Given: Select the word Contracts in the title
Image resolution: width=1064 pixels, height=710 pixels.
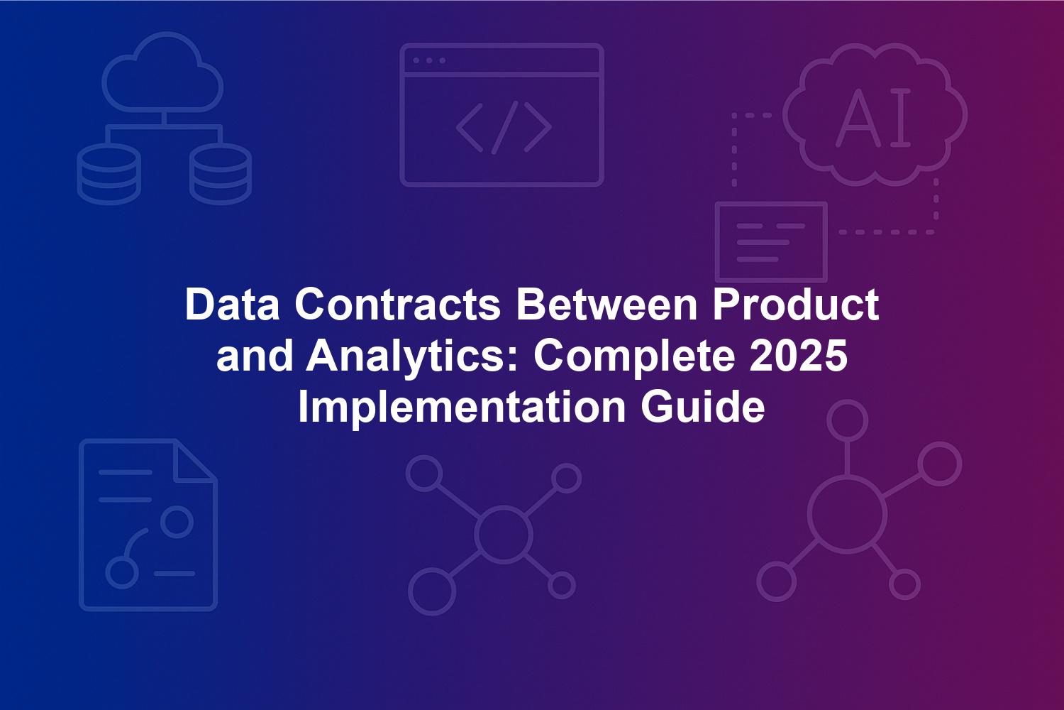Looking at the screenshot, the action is [397, 305].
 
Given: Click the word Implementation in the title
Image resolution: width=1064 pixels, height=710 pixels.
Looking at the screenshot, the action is [462, 408].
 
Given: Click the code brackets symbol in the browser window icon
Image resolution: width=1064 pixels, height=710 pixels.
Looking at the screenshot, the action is [504, 129].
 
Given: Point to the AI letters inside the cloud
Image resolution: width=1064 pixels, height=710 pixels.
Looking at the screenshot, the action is [873, 117].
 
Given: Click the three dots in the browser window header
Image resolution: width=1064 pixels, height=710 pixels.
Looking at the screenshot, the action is [429, 60].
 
